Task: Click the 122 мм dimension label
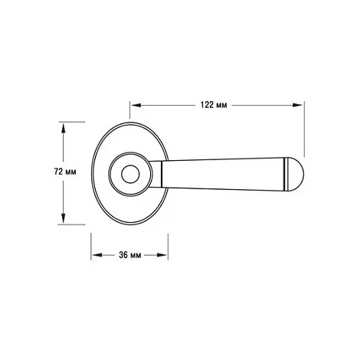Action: click(214, 105)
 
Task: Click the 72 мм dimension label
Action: click(65, 172)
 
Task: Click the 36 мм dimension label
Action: click(129, 255)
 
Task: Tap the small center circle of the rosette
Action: click(130, 175)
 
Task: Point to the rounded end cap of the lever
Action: click(296, 174)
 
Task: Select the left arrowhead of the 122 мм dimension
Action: click(136, 105)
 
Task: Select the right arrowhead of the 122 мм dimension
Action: click(297, 105)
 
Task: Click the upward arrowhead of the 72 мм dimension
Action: click(64, 128)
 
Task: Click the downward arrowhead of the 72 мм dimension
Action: click(64, 218)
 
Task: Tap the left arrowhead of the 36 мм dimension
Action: click(97, 255)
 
